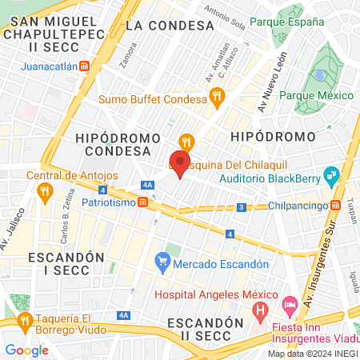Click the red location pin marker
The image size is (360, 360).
pos(179,164)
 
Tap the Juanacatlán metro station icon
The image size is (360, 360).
pos(85,67)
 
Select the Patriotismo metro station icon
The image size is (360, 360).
pos(142,203)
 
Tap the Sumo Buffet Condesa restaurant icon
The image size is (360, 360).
pos(215,99)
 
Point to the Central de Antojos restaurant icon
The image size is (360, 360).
pos(44,191)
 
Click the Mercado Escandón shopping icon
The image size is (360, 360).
pos(163,261)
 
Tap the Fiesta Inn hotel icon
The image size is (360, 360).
pos(290,304)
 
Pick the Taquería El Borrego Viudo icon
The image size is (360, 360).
pos(24,321)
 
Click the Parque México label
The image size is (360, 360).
pos(316,95)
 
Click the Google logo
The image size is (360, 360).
pos(26,350)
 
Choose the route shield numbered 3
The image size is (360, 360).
pos(240,208)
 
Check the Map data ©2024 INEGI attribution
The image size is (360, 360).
pos(312,354)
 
